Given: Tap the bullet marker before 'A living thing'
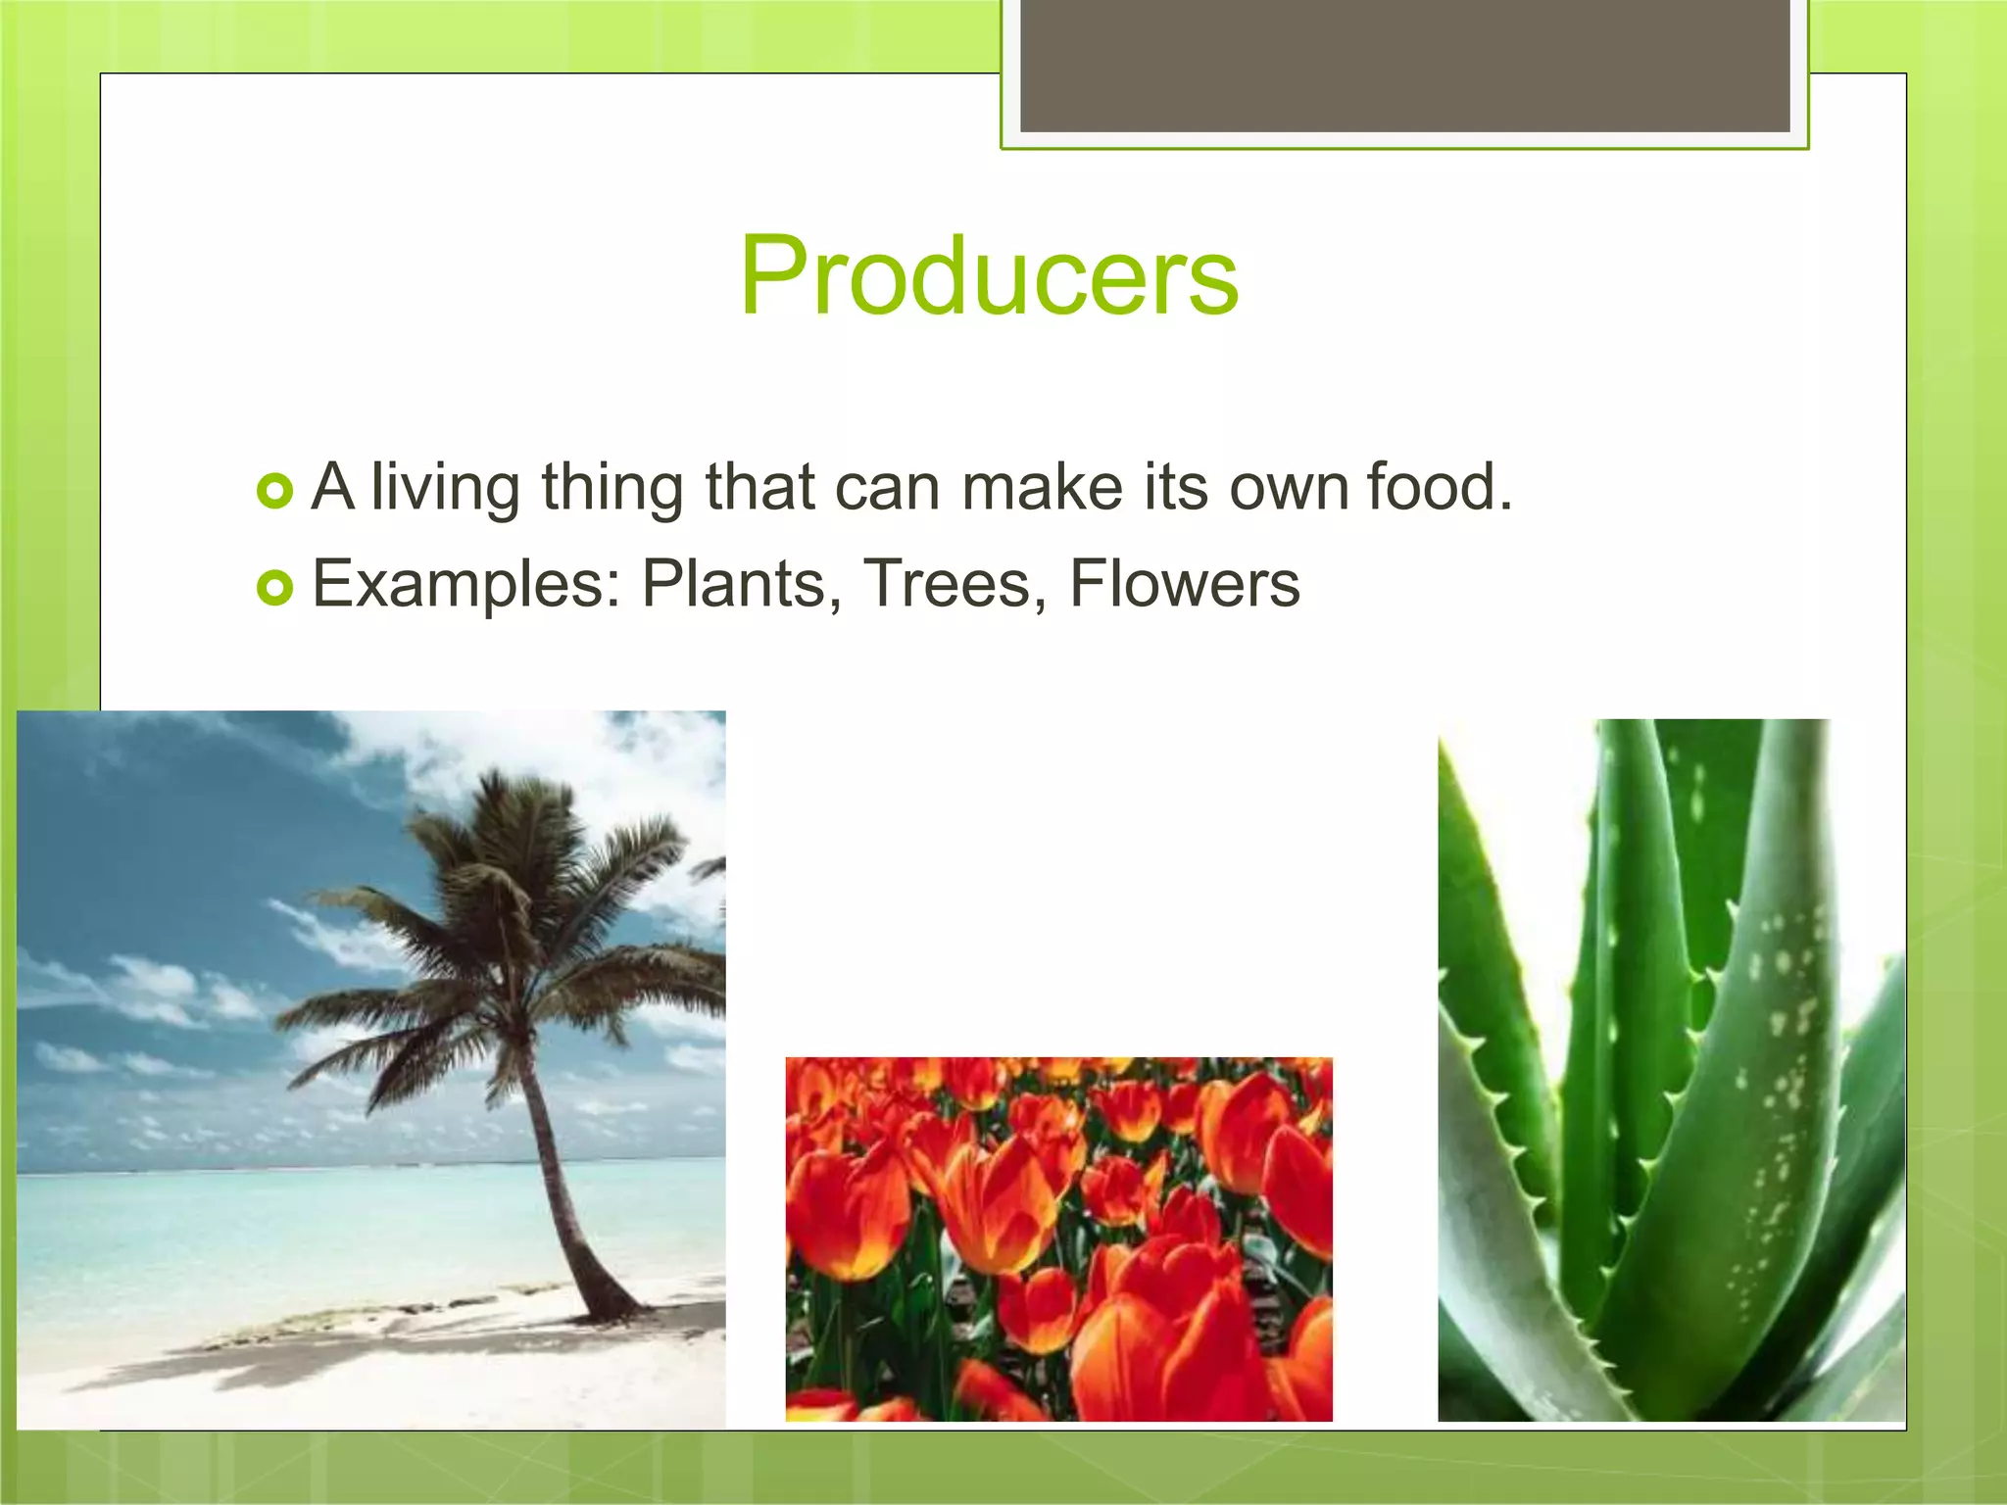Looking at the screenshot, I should pos(274,491).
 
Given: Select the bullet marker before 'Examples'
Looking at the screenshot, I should pos(274,588).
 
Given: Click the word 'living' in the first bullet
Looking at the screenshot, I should pos(445,487).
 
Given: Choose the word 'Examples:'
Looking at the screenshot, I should pos(466,584).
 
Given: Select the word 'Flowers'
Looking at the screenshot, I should pos(1184,584).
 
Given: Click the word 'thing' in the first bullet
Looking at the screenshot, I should pos(612,487).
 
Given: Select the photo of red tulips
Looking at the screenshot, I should pos(1058,1239).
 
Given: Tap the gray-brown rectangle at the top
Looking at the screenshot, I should pos(1404,65).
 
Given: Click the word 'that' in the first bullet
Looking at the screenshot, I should pos(759,487).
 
